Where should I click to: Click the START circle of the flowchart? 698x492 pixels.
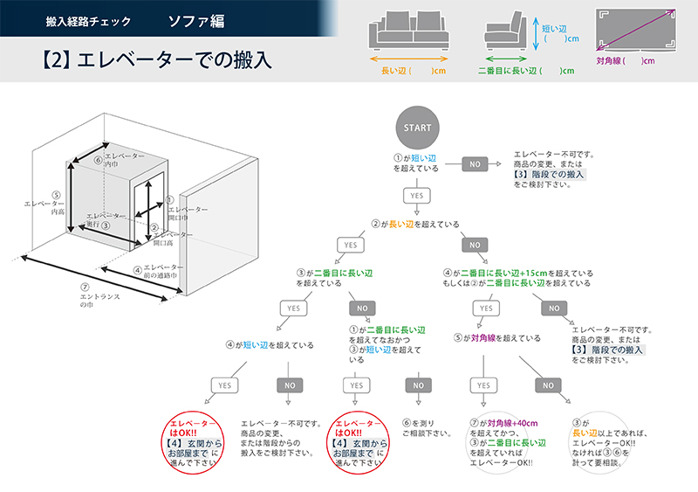pyautogui.click(x=417, y=128)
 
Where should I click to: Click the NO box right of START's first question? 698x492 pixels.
pyautogui.click(x=475, y=163)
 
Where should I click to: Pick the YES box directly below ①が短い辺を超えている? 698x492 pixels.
pyautogui.click(x=417, y=195)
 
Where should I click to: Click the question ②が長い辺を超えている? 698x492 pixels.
pyautogui.click(x=415, y=225)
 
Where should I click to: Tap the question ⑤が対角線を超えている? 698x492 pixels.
pyautogui.click(x=497, y=337)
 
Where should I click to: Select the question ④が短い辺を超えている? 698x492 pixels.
pyautogui.click(x=270, y=345)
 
